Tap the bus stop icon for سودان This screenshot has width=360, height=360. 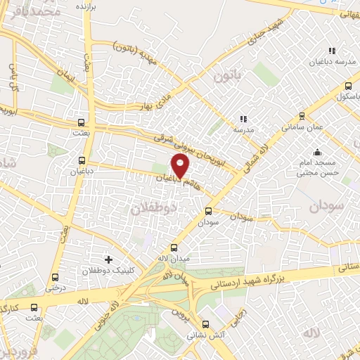pos(208,211)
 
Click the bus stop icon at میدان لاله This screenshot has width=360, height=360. pos(174,247)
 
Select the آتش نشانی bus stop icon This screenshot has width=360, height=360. pos(205,325)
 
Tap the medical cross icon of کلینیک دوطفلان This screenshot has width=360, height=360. pos(108,259)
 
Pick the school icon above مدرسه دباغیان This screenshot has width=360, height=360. pos(332,51)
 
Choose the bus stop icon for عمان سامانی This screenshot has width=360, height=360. pos(302,116)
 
